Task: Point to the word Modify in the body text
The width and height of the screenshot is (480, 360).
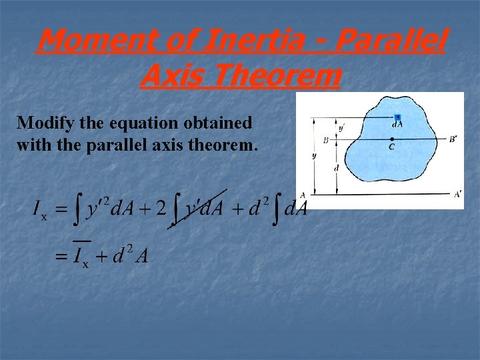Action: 41,123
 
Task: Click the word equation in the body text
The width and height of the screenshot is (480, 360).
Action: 128,123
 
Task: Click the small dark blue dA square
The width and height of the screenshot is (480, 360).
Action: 397,117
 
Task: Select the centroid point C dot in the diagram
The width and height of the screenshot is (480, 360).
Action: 391,139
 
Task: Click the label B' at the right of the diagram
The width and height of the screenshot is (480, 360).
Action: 453,139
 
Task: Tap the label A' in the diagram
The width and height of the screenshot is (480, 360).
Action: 457,194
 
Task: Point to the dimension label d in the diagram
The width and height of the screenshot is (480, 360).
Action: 336,168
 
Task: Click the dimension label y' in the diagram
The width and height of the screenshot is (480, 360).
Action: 341,127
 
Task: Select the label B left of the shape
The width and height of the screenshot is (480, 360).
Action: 325,140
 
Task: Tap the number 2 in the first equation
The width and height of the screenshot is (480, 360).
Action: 160,209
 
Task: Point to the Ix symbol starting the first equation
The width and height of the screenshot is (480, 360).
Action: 40,211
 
